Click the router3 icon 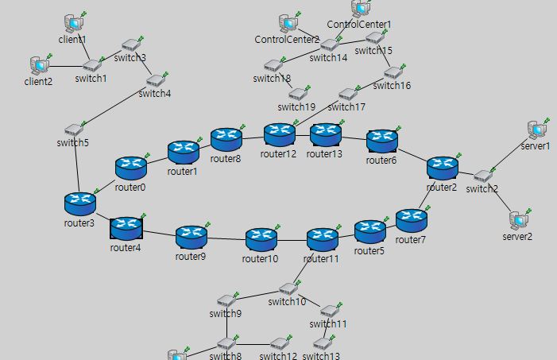point(79,203)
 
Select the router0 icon point(130,167)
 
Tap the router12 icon point(279,134)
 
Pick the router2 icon point(442,168)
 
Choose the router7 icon point(411,219)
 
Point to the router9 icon point(191,236)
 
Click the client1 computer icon point(74,22)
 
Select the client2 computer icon point(38,64)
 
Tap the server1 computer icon point(536,130)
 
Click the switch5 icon point(75,129)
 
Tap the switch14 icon point(329,45)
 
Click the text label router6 point(381,160)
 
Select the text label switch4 point(154,94)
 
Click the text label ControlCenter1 point(359,25)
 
